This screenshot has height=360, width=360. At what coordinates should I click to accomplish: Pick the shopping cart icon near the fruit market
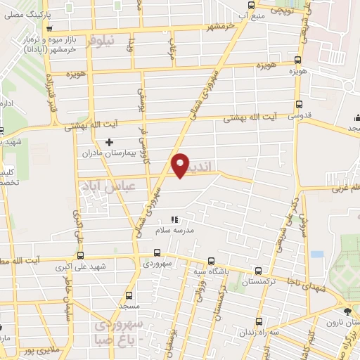(x=49, y=30)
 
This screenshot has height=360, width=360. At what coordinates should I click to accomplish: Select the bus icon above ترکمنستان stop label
(x=259, y=271)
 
